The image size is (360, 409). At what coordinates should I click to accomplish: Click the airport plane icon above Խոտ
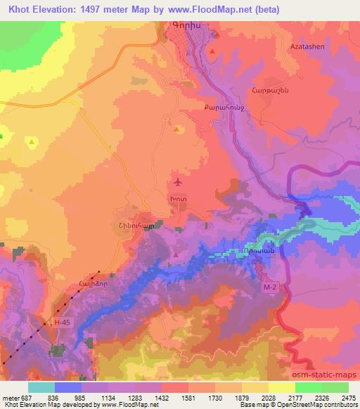point(178,183)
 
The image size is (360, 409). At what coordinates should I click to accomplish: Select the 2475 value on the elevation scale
point(348,397)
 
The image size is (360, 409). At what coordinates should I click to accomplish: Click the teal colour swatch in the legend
point(41,387)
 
